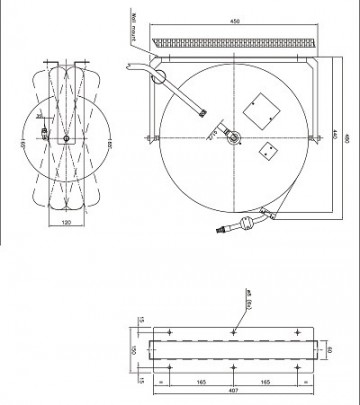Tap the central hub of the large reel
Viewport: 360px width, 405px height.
coord(234,137)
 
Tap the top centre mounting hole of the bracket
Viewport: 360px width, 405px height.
coord(233,331)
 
